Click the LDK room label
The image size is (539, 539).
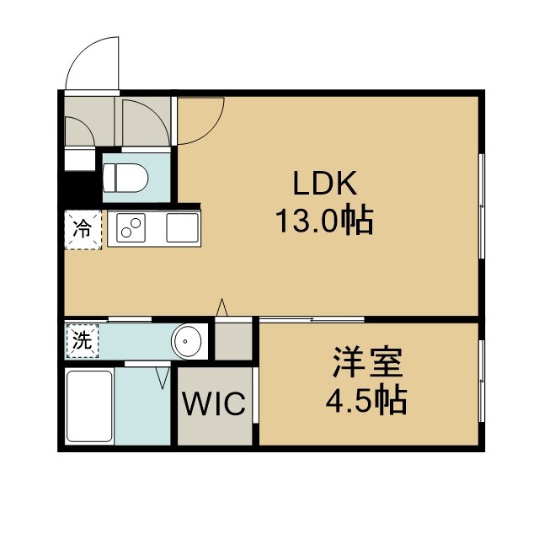[x=324, y=184]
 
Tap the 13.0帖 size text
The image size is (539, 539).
[x=324, y=220]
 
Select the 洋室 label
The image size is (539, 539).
[x=367, y=362]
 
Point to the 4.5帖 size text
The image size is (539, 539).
[x=366, y=400]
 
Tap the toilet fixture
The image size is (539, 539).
[x=125, y=178]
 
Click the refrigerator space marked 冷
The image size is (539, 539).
[x=83, y=229]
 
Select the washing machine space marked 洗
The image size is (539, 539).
[x=82, y=341]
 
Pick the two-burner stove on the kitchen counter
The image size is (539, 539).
[x=131, y=227]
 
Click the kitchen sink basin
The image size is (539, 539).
[x=182, y=227]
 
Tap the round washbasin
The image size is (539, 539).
[x=187, y=341]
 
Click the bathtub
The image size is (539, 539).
[x=89, y=406]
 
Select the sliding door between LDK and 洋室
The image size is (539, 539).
[x=312, y=320]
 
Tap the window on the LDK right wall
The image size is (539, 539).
[x=482, y=205]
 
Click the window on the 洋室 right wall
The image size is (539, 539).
[x=482, y=381]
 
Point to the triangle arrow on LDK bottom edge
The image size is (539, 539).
[x=221, y=307]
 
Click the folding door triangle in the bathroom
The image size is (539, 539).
[x=163, y=378]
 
